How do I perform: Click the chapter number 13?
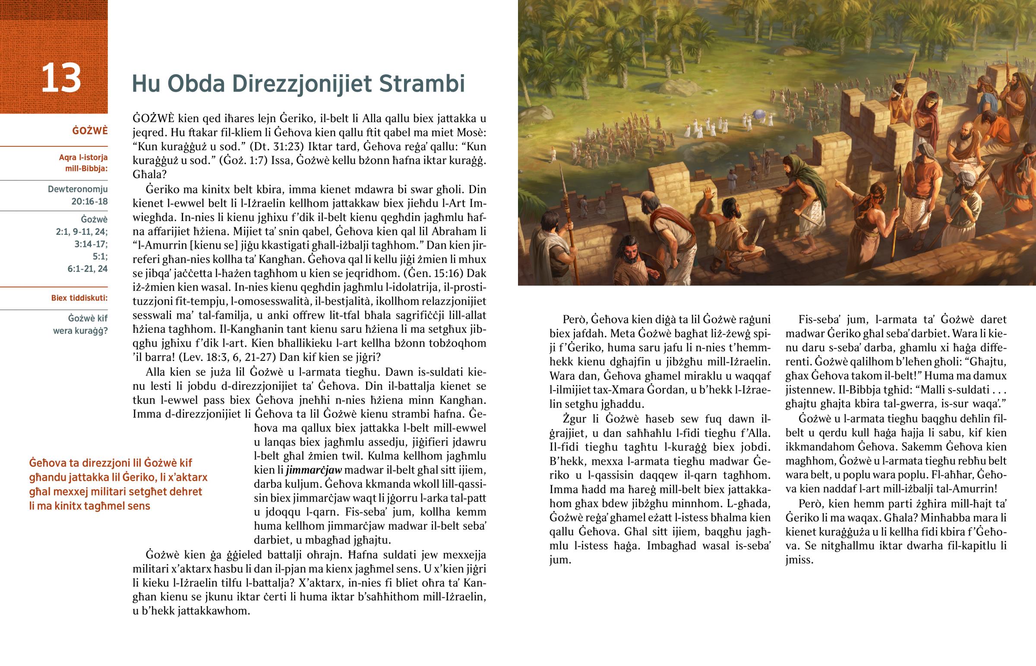(x=61, y=78)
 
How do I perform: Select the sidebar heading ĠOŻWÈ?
(x=90, y=131)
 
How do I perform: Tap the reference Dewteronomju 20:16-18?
(x=78, y=195)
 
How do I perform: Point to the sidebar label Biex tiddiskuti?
(x=79, y=298)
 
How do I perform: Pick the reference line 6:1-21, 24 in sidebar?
(x=87, y=268)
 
